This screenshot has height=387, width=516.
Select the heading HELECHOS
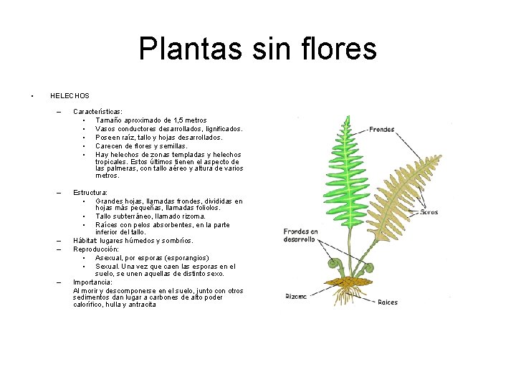70,95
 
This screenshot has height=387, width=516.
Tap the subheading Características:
97,112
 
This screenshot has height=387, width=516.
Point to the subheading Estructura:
90,193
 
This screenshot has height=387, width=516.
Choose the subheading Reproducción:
96,249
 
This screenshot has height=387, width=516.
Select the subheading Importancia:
92,282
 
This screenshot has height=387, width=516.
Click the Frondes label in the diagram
381,130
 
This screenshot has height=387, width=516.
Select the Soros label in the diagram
429,212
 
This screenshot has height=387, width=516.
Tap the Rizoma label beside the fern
296,295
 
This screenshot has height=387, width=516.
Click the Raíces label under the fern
388,302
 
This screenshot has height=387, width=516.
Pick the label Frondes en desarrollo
300,236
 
